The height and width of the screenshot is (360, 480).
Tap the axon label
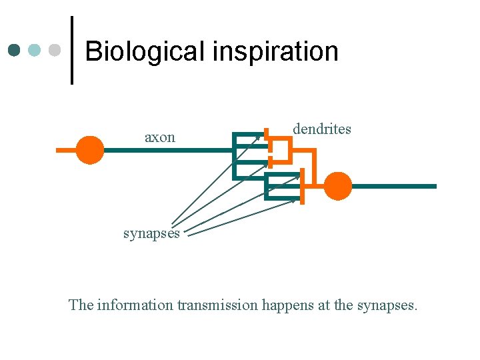coord(160,137)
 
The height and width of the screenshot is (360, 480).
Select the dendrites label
coord(322,129)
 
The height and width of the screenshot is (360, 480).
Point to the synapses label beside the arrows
coord(151,233)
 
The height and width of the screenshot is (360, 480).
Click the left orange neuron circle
coord(89,150)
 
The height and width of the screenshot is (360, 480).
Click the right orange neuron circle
coord(337,186)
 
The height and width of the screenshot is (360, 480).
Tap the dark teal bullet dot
coord(15,50)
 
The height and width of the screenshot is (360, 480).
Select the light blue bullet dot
coord(35,50)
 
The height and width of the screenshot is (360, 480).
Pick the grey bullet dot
coord(55,50)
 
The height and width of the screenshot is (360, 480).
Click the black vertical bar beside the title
coord(71,50)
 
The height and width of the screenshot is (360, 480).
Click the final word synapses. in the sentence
coord(387,305)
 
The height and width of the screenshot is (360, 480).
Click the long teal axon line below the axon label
coord(167,151)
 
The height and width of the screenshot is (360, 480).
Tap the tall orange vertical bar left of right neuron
coord(302,186)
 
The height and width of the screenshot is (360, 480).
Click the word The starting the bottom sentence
coord(81,305)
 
